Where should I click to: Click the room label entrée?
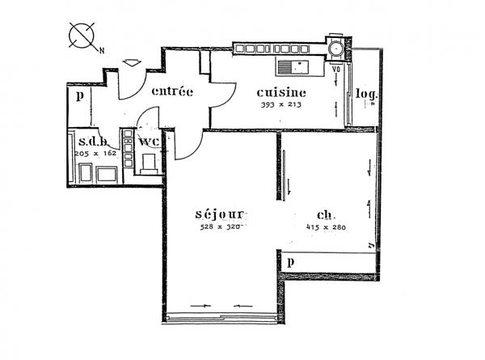171,91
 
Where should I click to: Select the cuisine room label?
280,91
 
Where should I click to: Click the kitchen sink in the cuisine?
293,65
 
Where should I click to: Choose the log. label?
367,94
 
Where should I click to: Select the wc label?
149,142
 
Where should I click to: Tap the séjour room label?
219,214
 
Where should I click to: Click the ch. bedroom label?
327,215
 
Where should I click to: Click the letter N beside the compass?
103,50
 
